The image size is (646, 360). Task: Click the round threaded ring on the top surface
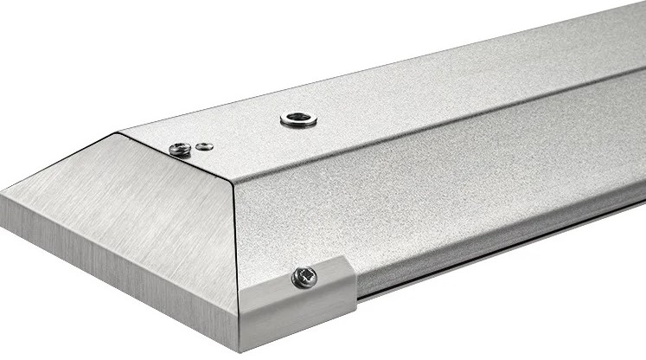point(298,119)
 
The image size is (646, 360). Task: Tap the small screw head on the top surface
point(180,149)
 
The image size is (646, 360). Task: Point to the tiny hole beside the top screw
point(204,146)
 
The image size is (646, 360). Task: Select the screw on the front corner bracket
point(304,277)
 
